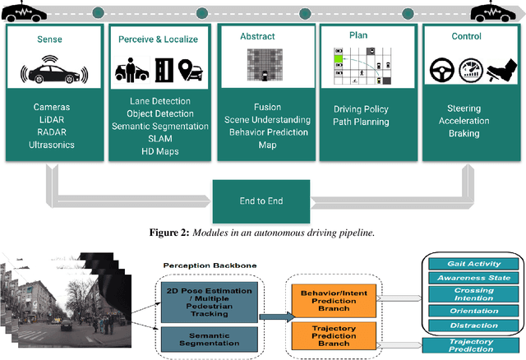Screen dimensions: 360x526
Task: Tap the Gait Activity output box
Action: [474, 264]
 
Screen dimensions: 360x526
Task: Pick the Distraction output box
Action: [474, 326]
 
